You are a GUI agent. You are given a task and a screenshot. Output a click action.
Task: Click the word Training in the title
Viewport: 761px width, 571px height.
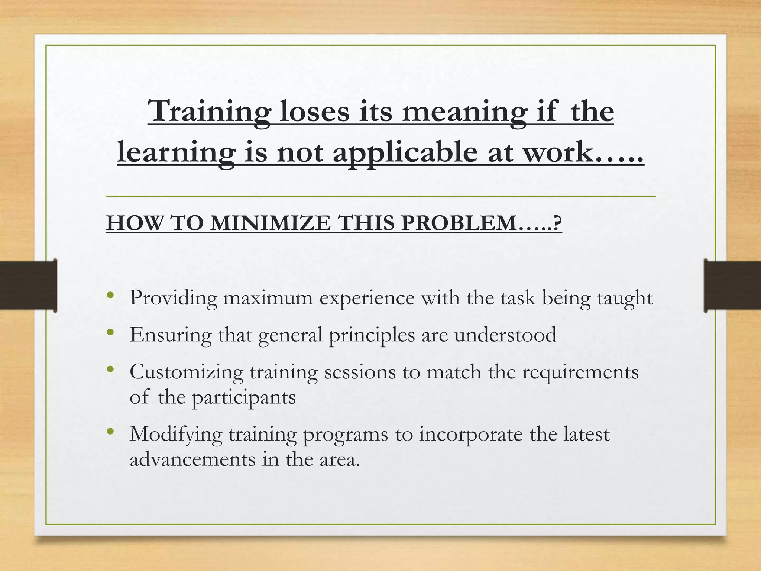pos(208,112)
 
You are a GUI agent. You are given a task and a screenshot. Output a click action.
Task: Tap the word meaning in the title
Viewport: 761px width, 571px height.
pos(464,112)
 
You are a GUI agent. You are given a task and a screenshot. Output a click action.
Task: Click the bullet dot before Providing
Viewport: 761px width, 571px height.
pos(110,296)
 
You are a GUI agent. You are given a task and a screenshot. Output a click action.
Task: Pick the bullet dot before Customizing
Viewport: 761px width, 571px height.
pos(110,370)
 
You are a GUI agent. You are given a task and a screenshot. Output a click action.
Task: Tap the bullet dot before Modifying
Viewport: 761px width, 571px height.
pos(110,432)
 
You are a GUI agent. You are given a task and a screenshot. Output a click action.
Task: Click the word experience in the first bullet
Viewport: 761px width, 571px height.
pos(367,298)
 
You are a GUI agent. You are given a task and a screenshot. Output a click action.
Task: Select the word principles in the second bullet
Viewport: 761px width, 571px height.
pos(372,335)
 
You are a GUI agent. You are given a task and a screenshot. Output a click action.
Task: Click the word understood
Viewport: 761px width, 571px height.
pos(505,335)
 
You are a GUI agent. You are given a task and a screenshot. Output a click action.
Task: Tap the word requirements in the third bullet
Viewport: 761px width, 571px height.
pos(580,372)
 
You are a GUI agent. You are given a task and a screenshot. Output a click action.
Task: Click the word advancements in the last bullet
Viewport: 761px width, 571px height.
pos(192,459)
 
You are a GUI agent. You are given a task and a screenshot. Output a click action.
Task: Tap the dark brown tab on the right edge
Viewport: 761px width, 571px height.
pos(732,285)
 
